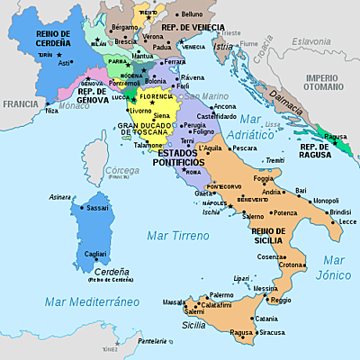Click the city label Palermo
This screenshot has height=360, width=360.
point(221,295)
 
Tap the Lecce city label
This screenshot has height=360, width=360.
point(347,220)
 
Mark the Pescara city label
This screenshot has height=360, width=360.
point(244,148)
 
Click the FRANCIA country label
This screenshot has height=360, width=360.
point(20,103)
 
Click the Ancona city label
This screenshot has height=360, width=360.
point(225,106)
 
